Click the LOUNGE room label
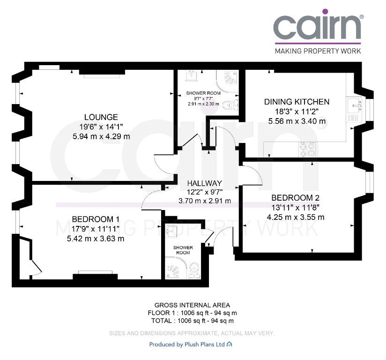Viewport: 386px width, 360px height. coord(101,117)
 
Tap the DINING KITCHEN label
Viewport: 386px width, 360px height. coord(297,102)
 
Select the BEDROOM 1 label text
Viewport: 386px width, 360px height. coord(96,219)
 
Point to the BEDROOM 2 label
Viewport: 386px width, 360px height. coord(296,198)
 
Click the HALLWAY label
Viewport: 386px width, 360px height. coord(205,183)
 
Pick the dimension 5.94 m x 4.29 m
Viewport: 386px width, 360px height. coord(101,136)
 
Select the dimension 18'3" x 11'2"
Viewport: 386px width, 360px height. coord(297,112)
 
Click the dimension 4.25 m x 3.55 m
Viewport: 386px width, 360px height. coord(296,217)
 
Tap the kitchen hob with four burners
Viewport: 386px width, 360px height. coord(307,150)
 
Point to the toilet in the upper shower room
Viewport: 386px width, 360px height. coord(230,105)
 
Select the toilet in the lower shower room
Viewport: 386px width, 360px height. coord(194,270)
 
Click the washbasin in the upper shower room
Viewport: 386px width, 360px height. coord(192,75)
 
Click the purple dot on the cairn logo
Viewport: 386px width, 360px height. coord(325,12)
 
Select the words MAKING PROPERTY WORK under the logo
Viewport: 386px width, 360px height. coord(318,51)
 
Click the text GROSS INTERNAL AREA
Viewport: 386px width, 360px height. coord(192,305)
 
